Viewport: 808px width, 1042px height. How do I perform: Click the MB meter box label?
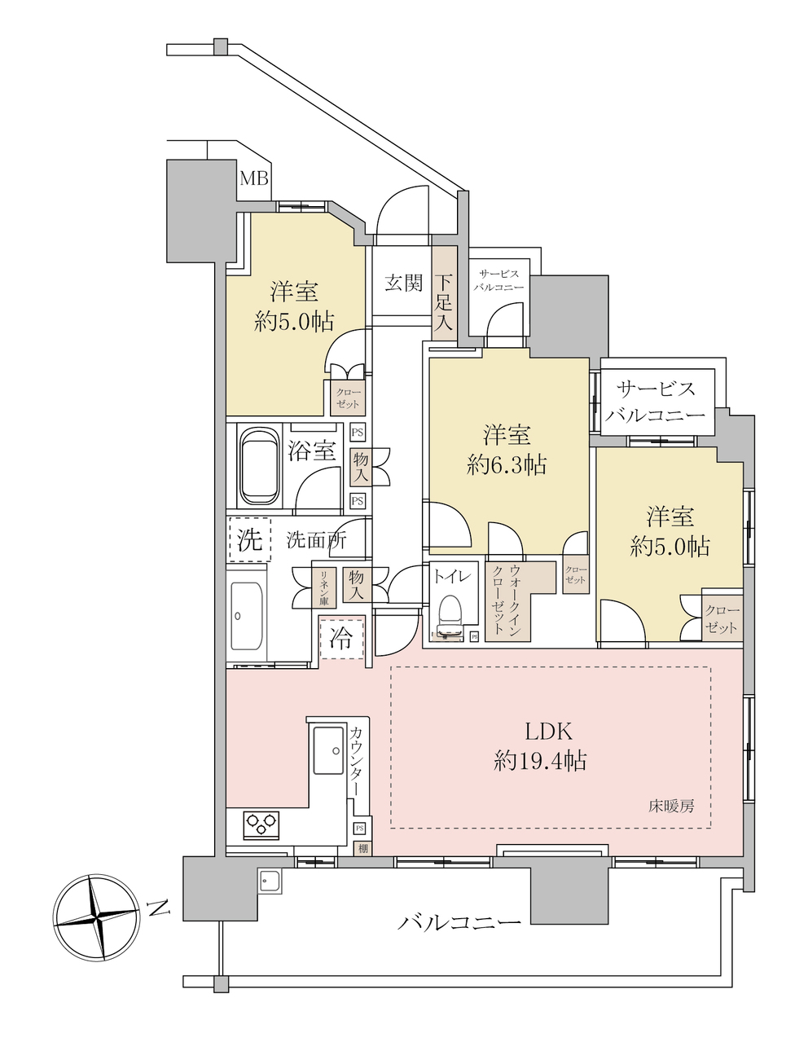tap(254, 179)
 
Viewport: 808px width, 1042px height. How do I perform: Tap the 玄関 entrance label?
tap(404, 284)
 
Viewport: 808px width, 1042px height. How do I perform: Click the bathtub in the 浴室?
tap(260, 465)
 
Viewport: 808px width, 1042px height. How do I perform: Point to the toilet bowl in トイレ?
tap(450, 615)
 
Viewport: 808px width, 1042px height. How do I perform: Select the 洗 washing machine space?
tap(249, 539)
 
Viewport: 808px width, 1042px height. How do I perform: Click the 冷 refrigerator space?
tap(342, 638)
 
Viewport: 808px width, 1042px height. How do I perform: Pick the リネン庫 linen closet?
tap(324, 587)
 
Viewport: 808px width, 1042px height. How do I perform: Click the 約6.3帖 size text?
tap(507, 465)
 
